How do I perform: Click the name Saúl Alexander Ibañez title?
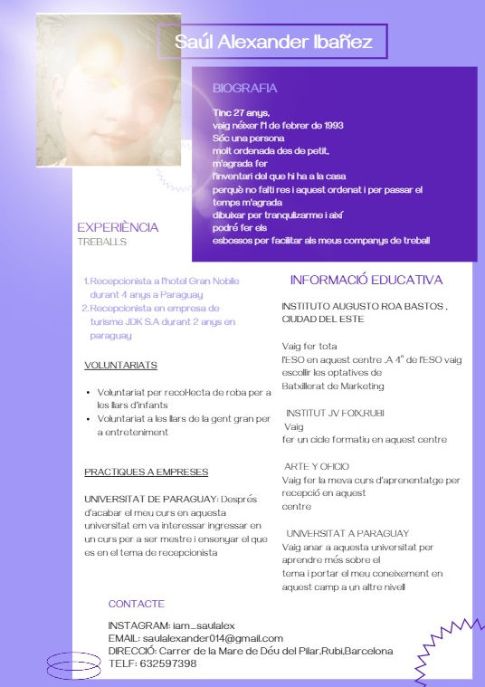click(272, 42)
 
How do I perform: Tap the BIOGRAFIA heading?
click(244, 89)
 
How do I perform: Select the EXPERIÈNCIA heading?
click(118, 227)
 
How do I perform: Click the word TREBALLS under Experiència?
click(101, 243)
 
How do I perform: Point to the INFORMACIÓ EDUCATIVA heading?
click(366, 280)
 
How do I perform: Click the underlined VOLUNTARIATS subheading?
click(120, 366)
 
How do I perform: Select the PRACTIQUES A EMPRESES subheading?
click(147, 472)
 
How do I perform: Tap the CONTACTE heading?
click(137, 603)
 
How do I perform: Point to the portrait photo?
click(96, 91)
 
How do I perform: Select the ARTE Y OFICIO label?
click(317, 466)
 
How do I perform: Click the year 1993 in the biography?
click(328, 125)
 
